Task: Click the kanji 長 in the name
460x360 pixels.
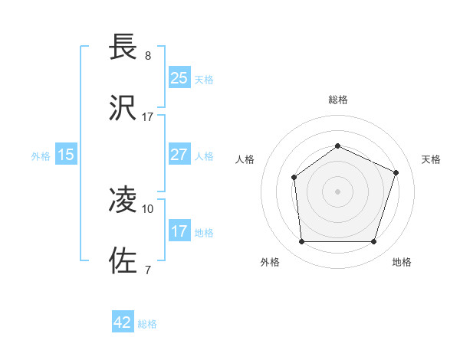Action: pyautogui.click(x=123, y=47)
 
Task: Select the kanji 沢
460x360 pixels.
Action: pyautogui.click(x=123, y=108)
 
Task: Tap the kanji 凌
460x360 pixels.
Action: pyautogui.click(x=123, y=200)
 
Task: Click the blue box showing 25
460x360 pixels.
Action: pyautogui.click(x=179, y=77)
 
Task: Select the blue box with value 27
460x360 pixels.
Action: pyautogui.click(x=179, y=155)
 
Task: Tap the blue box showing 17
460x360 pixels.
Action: pyautogui.click(x=179, y=231)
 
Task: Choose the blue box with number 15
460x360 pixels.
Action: pyautogui.click(x=66, y=155)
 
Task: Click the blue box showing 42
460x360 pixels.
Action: pyautogui.click(x=123, y=322)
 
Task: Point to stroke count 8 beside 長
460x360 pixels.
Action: pyautogui.click(x=148, y=56)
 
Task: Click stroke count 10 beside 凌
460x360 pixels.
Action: pyautogui.click(x=148, y=208)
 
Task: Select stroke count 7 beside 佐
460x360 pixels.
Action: pyautogui.click(x=148, y=270)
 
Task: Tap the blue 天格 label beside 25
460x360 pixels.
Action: pyautogui.click(x=204, y=79)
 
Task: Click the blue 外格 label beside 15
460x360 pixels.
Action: pyautogui.click(x=41, y=156)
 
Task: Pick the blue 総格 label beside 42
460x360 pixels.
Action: pyautogui.click(x=147, y=324)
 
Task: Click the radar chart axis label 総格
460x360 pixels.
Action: pyautogui.click(x=338, y=100)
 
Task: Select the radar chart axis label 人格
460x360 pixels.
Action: pyautogui.click(x=245, y=159)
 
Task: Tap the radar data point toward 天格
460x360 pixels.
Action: pyautogui.click(x=396, y=172)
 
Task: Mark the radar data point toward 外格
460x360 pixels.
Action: pyautogui.click(x=301, y=242)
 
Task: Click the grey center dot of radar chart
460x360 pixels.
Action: pyautogui.click(x=338, y=191)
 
